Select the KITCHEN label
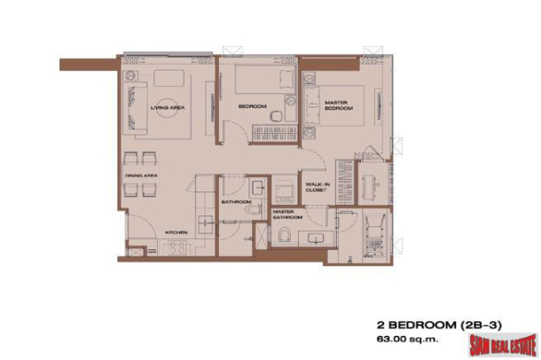(176, 233)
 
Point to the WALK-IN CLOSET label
(317, 185)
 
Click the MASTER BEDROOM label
(339, 106)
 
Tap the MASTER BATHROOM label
(286, 215)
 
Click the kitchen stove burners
(177, 248)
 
